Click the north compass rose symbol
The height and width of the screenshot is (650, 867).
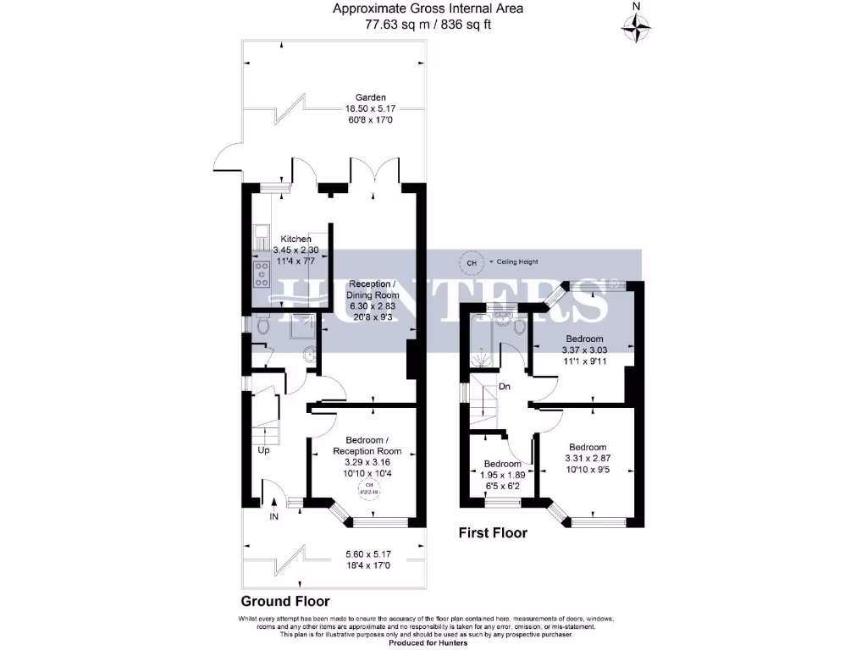(637, 25)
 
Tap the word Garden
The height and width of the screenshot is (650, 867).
(371, 96)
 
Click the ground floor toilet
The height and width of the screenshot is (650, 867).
(262, 325)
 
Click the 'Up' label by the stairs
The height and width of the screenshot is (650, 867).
(264, 450)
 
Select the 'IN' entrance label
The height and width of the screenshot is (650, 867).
(273, 515)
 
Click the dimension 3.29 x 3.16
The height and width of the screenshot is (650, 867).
(367, 463)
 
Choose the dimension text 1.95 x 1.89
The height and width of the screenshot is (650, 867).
(502, 476)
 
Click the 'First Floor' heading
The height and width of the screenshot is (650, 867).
(493, 533)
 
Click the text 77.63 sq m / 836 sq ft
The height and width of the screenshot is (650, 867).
(428, 25)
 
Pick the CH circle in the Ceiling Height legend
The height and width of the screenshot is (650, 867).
(471, 262)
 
